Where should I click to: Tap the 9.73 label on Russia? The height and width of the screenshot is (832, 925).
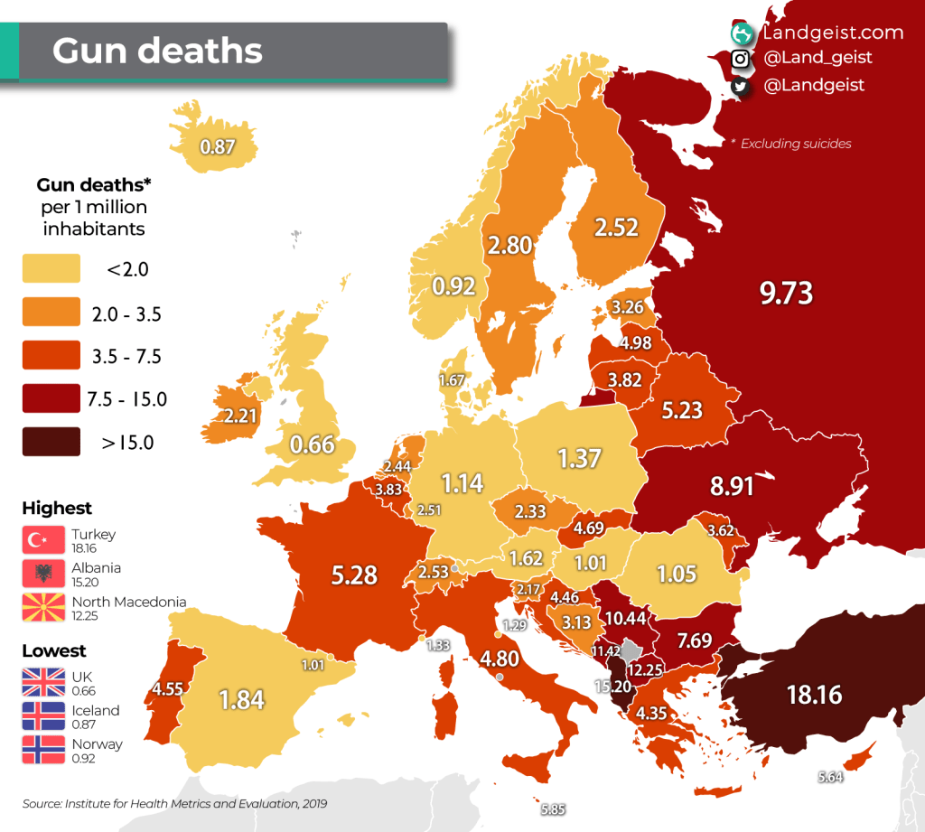pyautogui.click(x=786, y=293)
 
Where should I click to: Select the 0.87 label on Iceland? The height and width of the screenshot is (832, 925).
pyautogui.click(x=218, y=145)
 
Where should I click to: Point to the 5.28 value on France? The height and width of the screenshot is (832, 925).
pyautogui.click(x=354, y=575)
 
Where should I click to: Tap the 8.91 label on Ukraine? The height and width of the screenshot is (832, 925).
pyautogui.click(x=732, y=485)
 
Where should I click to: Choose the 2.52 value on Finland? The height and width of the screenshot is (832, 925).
pyautogui.click(x=616, y=227)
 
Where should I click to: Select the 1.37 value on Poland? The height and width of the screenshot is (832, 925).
pyautogui.click(x=579, y=458)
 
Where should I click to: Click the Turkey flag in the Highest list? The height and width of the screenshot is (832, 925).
pyautogui.click(x=43, y=539)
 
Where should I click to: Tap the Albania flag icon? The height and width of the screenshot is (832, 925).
pyautogui.click(x=43, y=574)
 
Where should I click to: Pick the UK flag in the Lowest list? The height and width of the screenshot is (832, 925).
pyautogui.click(x=43, y=682)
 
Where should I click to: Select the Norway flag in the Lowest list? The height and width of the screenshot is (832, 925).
pyautogui.click(x=43, y=751)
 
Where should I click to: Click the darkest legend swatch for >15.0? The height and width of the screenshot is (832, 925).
pyautogui.click(x=51, y=442)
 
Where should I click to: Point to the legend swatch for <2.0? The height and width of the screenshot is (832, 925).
pyautogui.click(x=51, y=268)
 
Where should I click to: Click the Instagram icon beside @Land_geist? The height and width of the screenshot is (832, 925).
pyautogui.click(x=741, y=59)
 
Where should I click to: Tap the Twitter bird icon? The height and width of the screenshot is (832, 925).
pyautogui.click(x=741, y=86)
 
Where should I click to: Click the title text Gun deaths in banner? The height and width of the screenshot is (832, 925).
pyautogui.click(x=157, y=51)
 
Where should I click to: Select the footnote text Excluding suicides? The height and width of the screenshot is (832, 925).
pyautogui.click(x=795, y=144)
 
